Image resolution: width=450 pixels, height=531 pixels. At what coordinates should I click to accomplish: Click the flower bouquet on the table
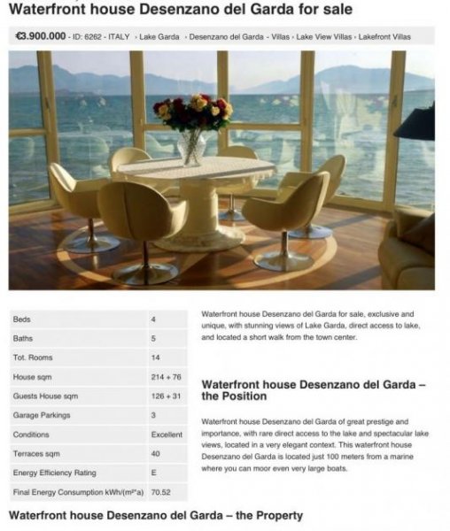pos(192,112)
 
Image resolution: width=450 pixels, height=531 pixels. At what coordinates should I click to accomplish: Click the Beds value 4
pos(153,319)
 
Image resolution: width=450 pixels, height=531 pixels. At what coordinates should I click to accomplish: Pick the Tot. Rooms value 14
pos(156,358)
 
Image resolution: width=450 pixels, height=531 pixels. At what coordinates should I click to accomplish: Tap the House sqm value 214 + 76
pos(166,376)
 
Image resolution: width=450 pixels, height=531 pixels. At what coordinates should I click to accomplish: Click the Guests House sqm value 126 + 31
pos(166,396)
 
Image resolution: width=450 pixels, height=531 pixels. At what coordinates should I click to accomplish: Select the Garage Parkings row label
pos(42,415)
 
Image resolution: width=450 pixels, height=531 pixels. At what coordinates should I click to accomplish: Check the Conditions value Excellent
pos(167,435)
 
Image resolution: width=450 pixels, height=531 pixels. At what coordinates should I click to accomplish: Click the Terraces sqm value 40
pos(156,453)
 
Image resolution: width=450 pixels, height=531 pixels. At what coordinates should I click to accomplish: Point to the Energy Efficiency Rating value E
pos(154,473)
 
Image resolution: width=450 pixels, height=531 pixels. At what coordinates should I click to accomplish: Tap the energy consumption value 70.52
pos(160,492)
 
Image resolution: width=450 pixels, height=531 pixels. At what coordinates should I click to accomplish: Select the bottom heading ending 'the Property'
pos(155,515)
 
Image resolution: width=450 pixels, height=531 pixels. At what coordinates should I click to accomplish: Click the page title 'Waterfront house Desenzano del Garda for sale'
pos(180,10)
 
